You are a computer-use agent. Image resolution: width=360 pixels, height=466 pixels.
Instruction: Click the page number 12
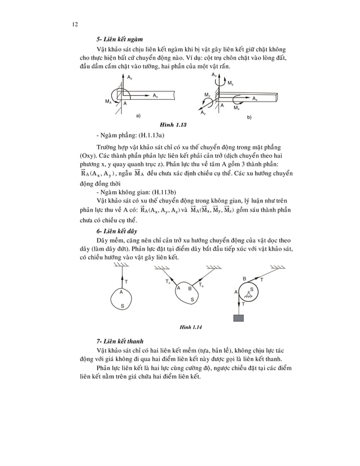click(75, 23)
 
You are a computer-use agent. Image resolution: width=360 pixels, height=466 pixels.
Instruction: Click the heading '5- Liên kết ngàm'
click(120, 39)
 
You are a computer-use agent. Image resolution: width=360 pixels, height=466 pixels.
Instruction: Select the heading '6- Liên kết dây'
click(118, 231)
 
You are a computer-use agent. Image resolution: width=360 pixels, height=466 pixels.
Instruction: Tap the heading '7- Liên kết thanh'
click(121, 341)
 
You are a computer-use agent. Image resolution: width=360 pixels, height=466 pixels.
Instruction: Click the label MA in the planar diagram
click(108, 102)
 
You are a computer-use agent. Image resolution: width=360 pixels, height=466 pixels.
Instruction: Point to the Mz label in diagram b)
click(207, 94)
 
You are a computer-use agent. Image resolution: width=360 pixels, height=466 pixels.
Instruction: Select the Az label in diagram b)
click(203, 113)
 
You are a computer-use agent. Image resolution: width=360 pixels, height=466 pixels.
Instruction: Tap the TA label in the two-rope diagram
click(168, 280)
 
